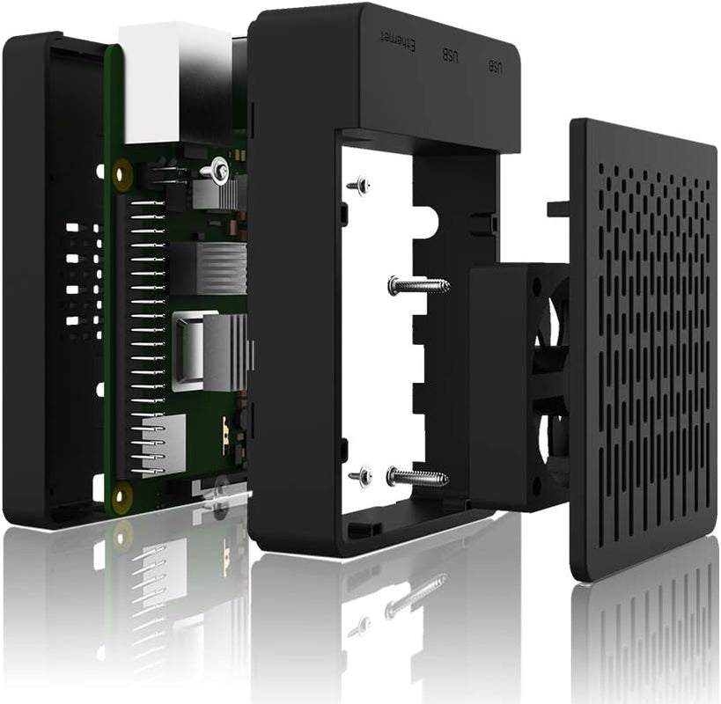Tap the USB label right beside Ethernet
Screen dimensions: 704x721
[450, 55]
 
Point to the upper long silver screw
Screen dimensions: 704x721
[419, 285]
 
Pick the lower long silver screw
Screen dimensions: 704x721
[417, 477]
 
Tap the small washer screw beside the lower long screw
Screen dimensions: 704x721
[360, 477]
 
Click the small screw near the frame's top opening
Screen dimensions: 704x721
[358, 186]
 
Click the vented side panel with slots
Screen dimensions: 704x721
[643, 352]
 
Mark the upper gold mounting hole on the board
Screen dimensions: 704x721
[121, 175]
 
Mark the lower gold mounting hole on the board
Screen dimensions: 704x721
[121, 494]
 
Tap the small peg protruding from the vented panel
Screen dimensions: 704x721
[558, 209]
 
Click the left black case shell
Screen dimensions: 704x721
[48, 282]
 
